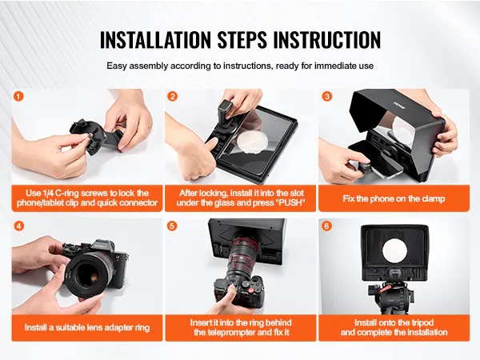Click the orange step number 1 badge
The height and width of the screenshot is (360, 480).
pyautogui.click(x=18, y=97)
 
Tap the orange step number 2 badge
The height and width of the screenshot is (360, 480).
pyautogui.click(x=173, y=97)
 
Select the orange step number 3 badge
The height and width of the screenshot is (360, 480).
pyautogui.click(x=327, y=97)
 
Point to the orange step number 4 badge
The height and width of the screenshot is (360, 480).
pyautogui.click(x=18, y=226)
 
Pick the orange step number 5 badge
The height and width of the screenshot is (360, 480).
pyautogui.click(x=173, y=226)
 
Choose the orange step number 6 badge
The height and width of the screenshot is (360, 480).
pyautogui.click(x=327, y=226)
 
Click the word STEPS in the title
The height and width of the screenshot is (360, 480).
pyautogui.click(x=242, y=39)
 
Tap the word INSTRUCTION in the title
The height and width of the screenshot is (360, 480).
pyautogui.click(x=326, y=39)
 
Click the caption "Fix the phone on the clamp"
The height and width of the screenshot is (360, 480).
pyautogui.click(x=394, y=198)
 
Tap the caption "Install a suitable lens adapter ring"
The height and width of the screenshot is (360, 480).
pyautogui.click(x=87, y=327)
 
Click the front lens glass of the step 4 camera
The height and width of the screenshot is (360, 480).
pyautogui.click(x=86, y=273)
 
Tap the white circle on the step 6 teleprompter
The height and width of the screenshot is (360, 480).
pyautogui.click(x=395, y=251)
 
